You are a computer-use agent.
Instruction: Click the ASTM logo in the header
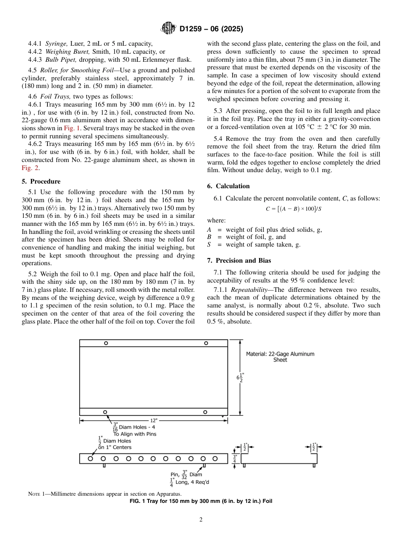(x=169, y=29)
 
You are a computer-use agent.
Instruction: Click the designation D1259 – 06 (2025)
(x=211, y=29)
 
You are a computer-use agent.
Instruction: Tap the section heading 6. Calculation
(x=228, y=186)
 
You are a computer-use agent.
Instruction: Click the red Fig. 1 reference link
(x=72, y=128)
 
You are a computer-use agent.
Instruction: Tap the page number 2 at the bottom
(x=201, y=520)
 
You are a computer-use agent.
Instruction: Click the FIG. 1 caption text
(x=201, y=501)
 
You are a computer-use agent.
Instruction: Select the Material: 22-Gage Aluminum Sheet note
(x=280, y=357)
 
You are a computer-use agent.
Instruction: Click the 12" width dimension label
(x=154, y=420)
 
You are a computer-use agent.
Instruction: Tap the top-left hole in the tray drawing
(x=106, y=343)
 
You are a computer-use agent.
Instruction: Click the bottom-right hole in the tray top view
(x=205, y=412)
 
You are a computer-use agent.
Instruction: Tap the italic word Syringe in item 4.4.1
(x=56, y=43)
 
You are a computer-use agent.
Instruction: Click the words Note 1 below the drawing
(x=37, y=494)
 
